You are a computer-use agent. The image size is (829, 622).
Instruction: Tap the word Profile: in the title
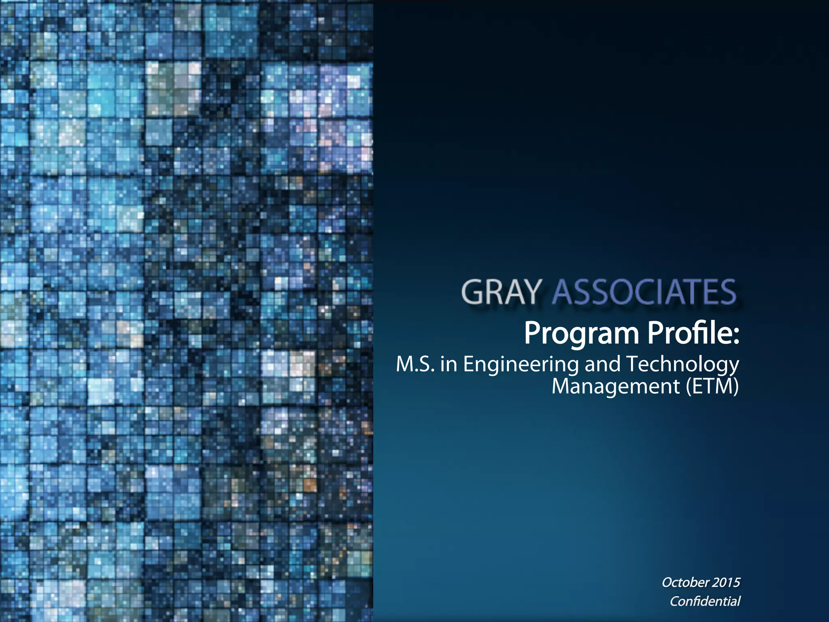693,333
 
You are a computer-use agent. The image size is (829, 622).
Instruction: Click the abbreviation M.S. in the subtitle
415,364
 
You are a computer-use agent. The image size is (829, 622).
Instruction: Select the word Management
615,387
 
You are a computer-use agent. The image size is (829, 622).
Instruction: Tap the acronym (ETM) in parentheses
712,387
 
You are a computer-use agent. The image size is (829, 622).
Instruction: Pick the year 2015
726,582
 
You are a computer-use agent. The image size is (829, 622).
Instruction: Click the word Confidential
705,601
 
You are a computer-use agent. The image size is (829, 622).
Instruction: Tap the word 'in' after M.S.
449,364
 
